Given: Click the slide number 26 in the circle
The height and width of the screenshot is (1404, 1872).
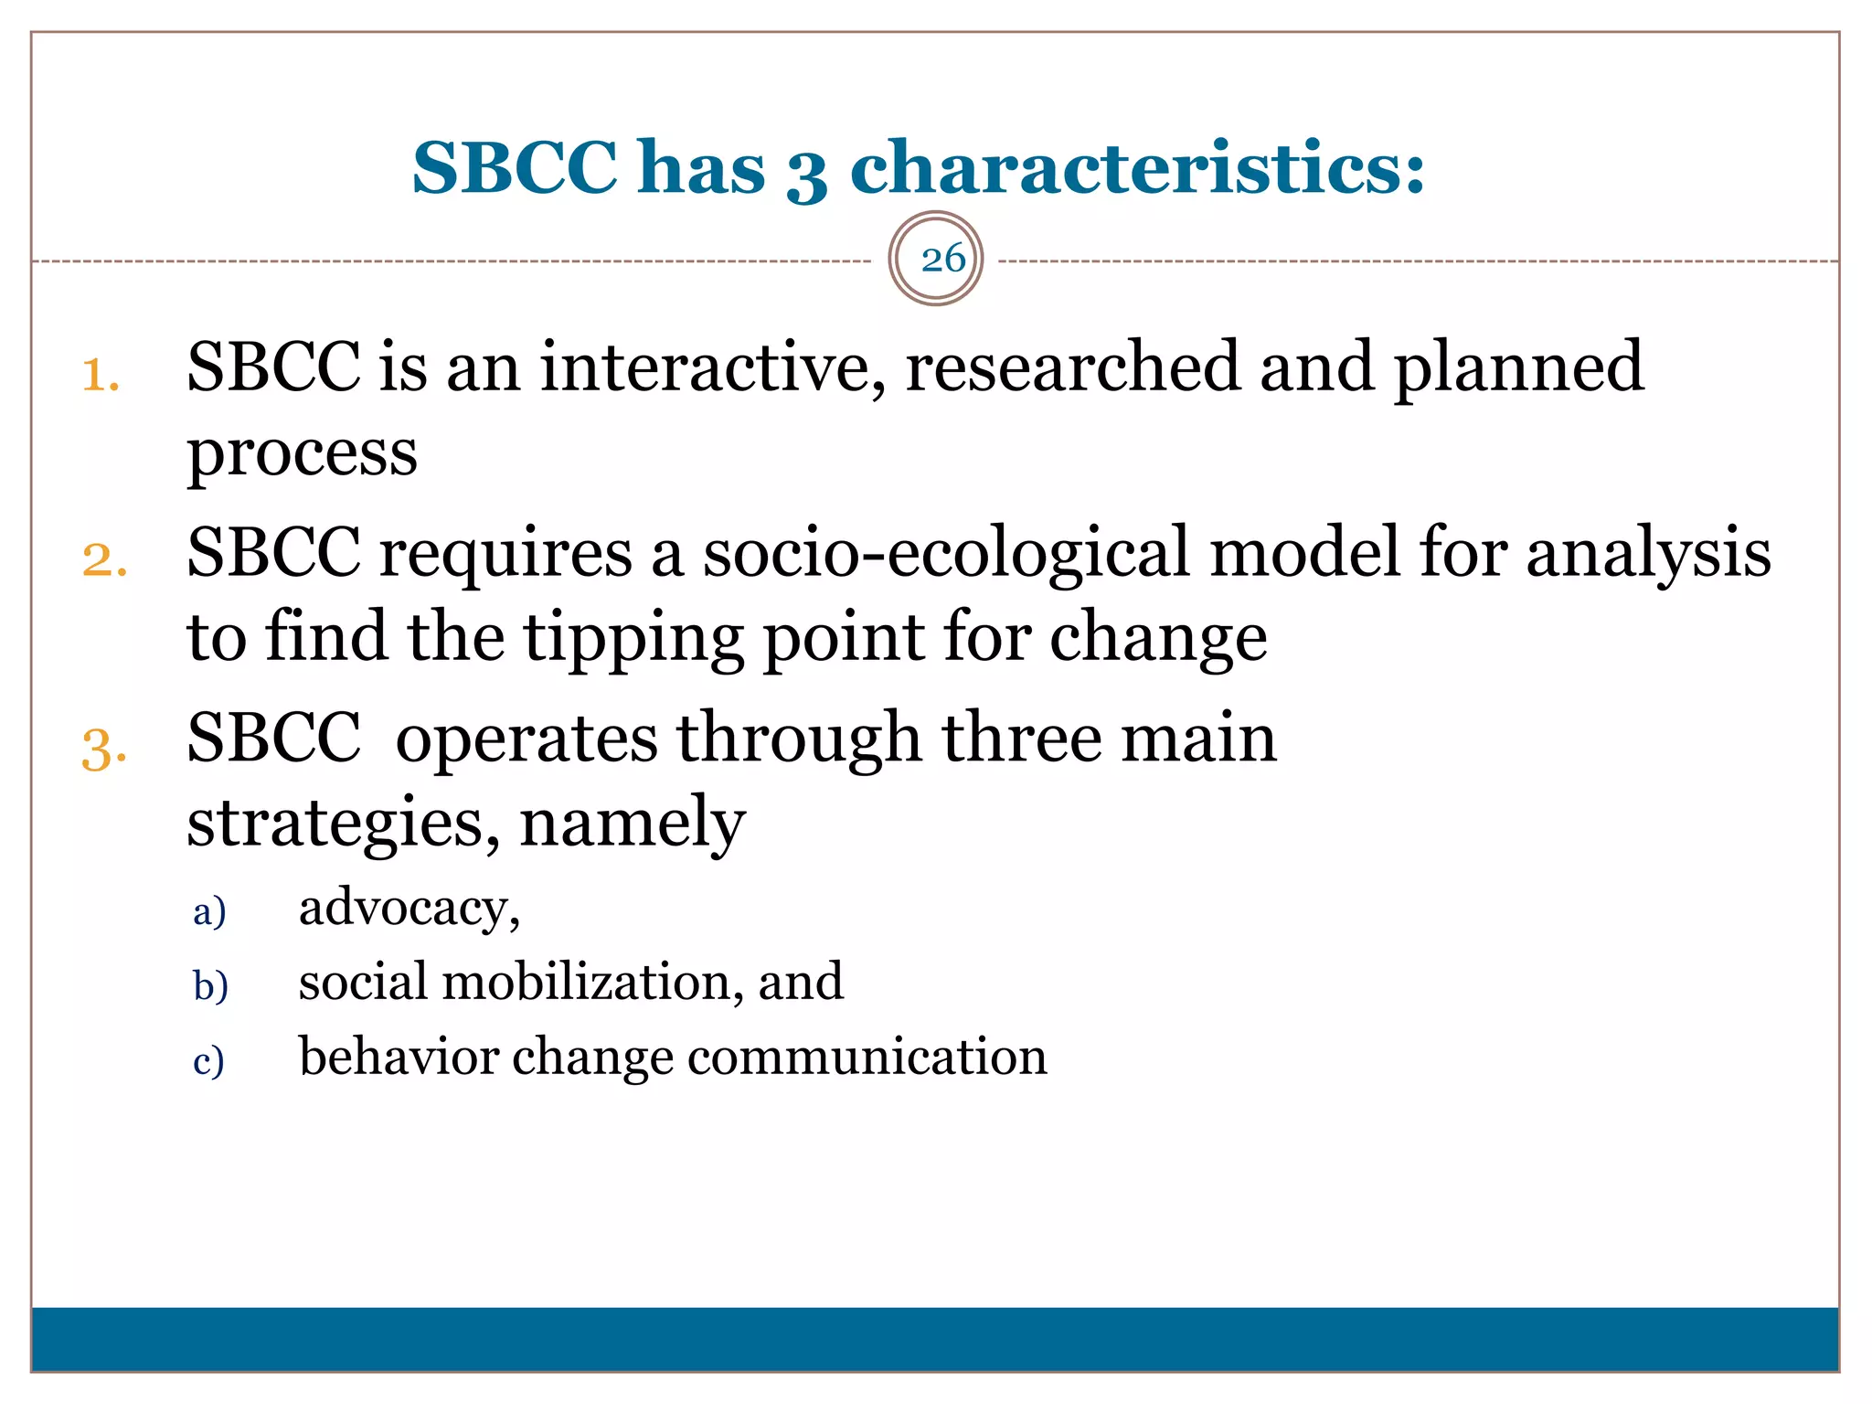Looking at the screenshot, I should tap(942, 260).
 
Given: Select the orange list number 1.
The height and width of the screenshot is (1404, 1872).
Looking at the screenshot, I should tap(100, 376).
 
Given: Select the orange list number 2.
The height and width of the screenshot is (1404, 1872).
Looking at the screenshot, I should tap(103, 560).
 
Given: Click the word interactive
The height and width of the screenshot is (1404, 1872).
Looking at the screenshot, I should tap(712, 367).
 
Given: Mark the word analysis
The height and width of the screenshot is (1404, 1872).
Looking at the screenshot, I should tap(1648, 554).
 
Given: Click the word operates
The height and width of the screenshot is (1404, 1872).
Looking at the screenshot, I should tap(526, 738).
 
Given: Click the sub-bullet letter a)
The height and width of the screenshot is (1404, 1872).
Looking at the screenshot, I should tap(209, 911).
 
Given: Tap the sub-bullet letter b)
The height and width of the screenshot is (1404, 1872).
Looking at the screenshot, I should tap(210, 986).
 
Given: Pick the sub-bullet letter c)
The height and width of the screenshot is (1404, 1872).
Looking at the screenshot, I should tap(208, 1061).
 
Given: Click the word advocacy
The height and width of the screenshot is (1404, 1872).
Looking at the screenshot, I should tap(408, 909).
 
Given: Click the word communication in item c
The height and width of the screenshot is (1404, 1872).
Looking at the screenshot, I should tap(867, 1058).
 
